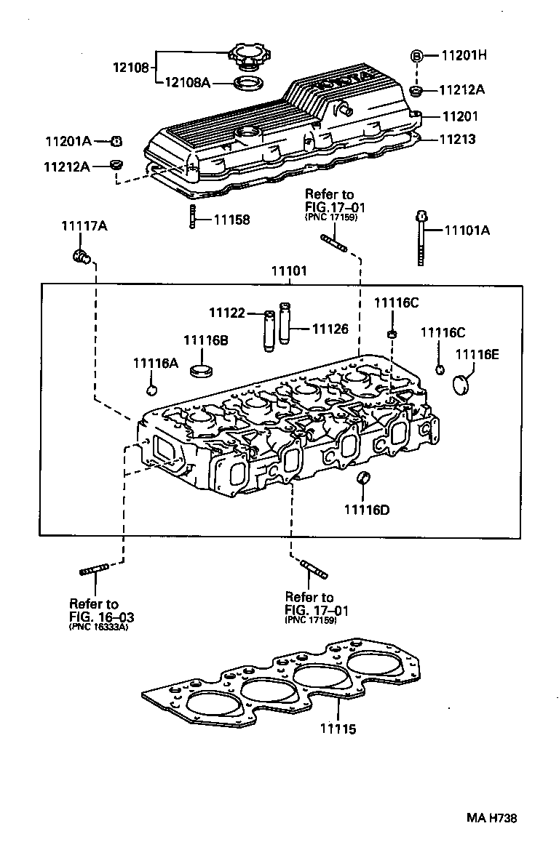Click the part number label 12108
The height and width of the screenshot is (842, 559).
coord(130,68)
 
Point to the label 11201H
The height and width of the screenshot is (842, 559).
coord(465,55)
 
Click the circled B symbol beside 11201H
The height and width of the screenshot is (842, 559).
coord(417,55)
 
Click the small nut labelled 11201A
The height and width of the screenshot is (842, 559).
coord(116,141)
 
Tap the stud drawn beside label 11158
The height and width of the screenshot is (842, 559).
coord(190,217)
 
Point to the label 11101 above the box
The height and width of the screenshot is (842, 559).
coord(289,270)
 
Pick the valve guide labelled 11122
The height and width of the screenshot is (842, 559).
coord(269,331)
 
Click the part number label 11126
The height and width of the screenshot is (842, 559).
coord(330,329)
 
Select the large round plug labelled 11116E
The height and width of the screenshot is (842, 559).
coord(462,384)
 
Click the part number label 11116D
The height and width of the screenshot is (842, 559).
coord(366,509)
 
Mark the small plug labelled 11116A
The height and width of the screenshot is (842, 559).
coord(151,390)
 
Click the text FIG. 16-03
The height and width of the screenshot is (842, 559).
coord(101,617)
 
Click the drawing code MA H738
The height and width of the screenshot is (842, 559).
coord(491,818)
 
